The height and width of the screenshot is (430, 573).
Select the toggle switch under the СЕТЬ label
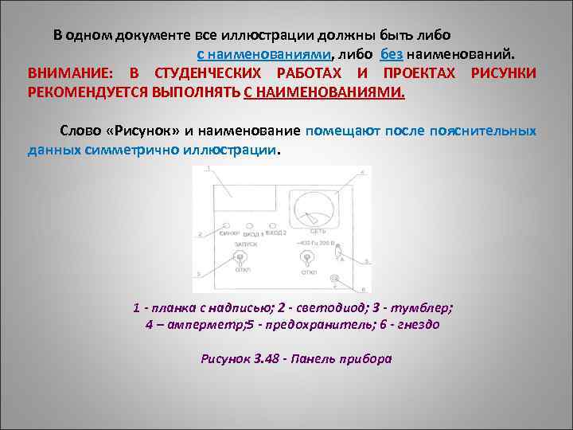(x=306, y=258)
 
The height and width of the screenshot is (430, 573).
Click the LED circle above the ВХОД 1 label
(x=253, y=227)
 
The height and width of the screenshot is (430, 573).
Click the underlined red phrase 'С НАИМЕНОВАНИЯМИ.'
(x=325, y=92)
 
